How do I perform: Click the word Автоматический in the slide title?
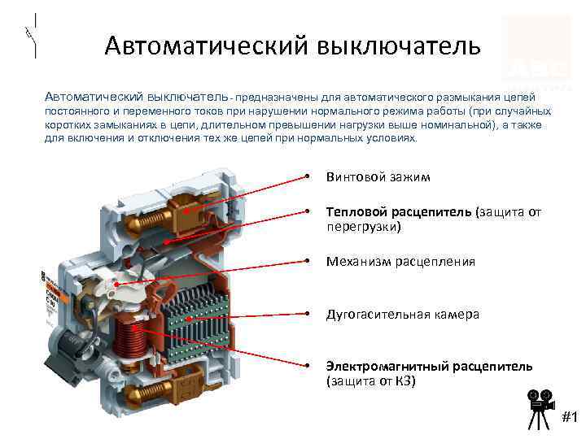203,45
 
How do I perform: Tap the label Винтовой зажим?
378,177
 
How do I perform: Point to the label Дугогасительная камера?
403,314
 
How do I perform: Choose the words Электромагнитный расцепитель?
430,366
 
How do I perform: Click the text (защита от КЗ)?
370,381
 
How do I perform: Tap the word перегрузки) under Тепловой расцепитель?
364,228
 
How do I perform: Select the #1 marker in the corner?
570,418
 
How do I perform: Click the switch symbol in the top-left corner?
30,36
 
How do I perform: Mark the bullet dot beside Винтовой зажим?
309,177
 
